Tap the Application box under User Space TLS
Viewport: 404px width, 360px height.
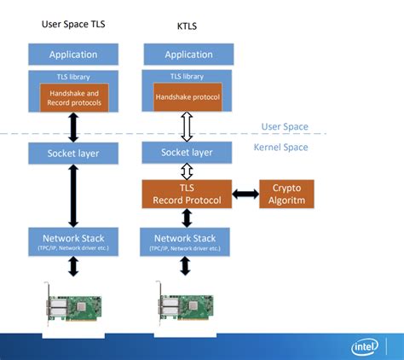[x=72, y=54]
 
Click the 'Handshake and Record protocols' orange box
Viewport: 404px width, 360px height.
[x=72, y=98]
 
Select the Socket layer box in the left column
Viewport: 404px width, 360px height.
[x=72, y=154]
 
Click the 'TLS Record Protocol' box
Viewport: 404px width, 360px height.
[x=187, y=195]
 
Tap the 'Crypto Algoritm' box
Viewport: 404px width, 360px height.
[x=286, y=195]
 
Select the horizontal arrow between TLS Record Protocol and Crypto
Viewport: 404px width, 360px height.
[x=245, y=195]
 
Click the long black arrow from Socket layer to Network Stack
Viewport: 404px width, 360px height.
[x=72, y=195]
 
